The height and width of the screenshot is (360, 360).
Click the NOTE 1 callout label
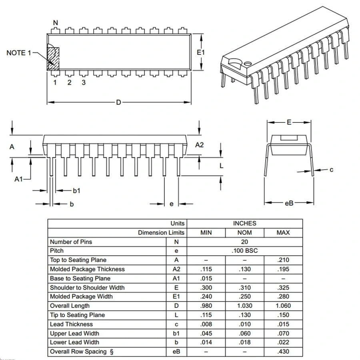[18, 53]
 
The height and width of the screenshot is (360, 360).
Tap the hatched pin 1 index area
[53, 58]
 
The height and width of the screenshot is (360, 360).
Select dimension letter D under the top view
[118, 102]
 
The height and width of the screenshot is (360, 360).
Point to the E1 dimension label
[201, 52]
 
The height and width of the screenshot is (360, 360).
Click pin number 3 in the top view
[84, 82]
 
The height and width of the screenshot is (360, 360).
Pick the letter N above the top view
[56, 23]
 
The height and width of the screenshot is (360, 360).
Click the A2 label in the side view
[199, 145]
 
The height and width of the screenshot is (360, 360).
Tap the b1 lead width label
[76, 191]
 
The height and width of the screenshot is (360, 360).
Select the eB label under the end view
[289, 203]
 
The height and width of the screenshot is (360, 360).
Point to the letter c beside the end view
[331, 170]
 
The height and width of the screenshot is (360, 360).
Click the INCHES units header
[244, 223]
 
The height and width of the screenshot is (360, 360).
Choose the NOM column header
[244, 232]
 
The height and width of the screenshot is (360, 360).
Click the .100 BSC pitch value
[244, 251]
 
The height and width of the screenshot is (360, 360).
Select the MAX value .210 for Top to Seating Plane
[283, 260]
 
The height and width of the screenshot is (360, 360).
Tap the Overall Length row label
[70, 306]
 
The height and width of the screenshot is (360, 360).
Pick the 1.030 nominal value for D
[244, 306]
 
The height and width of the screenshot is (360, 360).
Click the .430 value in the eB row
[283, 352]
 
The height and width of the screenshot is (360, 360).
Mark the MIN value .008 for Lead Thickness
[206, 324]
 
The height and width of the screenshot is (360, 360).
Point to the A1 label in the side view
[18, 179]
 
